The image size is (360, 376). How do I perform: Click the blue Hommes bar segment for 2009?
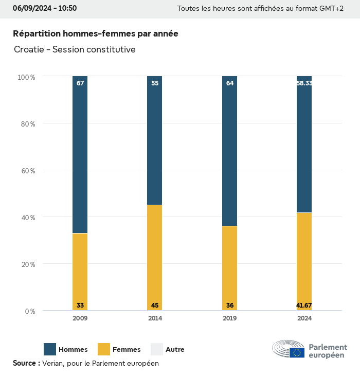[80, 154]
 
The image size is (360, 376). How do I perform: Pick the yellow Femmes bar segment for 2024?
[304, 257]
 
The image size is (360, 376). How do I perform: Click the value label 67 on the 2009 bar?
[80, 83]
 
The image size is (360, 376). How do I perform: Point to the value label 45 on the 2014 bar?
[155, 306]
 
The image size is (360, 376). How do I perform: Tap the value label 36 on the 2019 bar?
[230, 306]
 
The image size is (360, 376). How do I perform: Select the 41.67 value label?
[304, 306]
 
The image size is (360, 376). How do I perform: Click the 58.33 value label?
[304, 83]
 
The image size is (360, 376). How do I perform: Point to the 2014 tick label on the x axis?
[155, 318]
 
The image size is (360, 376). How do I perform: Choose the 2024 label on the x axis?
[304, 318]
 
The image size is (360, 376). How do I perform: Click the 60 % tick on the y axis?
[26, 170]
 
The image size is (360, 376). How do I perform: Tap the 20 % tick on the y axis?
[26, 264]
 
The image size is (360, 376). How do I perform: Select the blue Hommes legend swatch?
[50, 349]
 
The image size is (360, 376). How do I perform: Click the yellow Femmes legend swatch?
[104, 349]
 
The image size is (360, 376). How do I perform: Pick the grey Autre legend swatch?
[157, 349]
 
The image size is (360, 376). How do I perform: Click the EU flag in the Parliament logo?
[297, 352]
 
